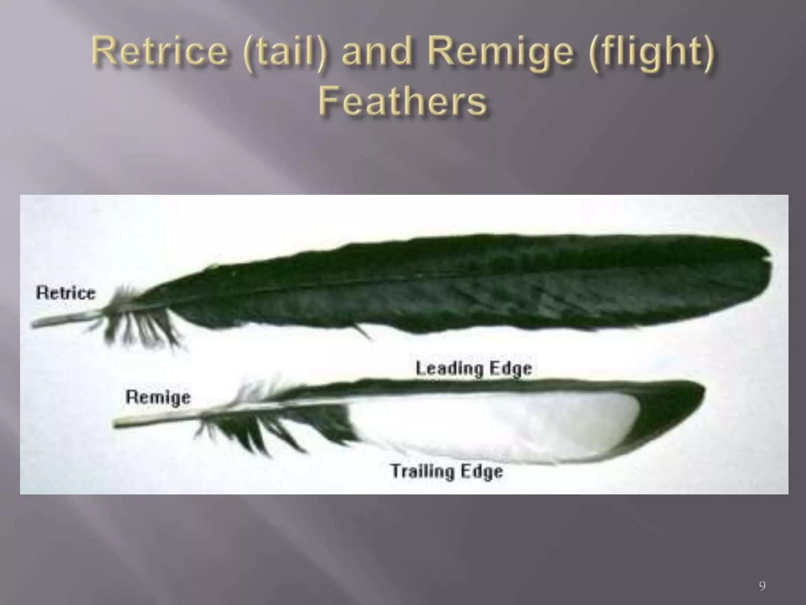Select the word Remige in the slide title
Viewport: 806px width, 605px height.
point(500,53)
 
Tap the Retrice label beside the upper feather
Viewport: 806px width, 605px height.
point(66,293)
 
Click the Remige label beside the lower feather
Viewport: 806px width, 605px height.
point(158,397)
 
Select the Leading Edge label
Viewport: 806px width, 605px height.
point(474,369)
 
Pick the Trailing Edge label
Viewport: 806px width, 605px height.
point(447,471)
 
